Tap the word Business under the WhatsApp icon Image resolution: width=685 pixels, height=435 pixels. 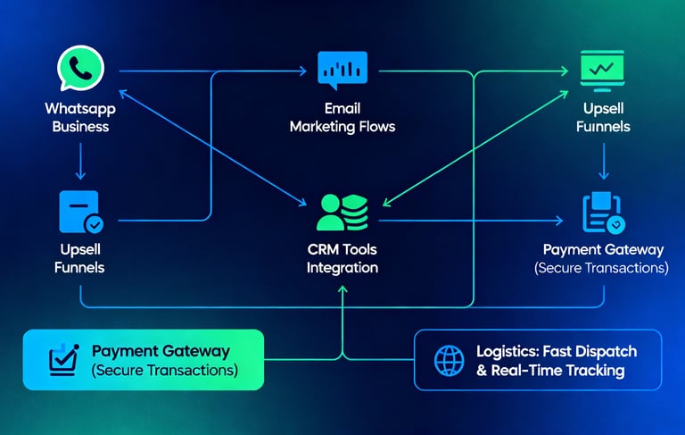pyautogui.click(x=80, y=127)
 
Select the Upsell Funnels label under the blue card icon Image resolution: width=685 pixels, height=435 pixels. pyautogui.click(x=80, y=258)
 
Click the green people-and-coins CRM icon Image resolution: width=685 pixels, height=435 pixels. pyautogui.click(x=342, y=211)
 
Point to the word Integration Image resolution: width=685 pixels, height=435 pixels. pyautogui.click(x=342, y=268)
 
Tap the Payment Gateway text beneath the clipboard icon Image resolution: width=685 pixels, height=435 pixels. pyautogui.click(x=604, y=250)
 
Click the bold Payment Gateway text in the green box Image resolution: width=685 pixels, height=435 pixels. pyautogui.click(x=161, y=352)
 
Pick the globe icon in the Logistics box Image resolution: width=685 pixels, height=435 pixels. pyautogui.click(x=449, y=361)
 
